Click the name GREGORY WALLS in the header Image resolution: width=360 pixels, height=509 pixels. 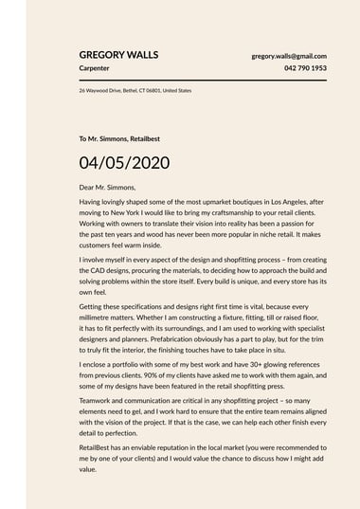click(x=118, y=55)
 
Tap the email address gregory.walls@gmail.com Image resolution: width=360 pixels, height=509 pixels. click(x=289, y=56)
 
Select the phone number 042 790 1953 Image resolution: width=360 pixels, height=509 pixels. click(x=305, y=69)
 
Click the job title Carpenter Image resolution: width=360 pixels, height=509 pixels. click(x=94, y=69)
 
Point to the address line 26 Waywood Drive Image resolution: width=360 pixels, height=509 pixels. click(x=135, y=91)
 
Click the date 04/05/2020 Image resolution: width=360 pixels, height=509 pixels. click(x=124, y=162)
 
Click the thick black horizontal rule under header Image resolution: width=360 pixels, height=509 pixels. click(x=203, y=81)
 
